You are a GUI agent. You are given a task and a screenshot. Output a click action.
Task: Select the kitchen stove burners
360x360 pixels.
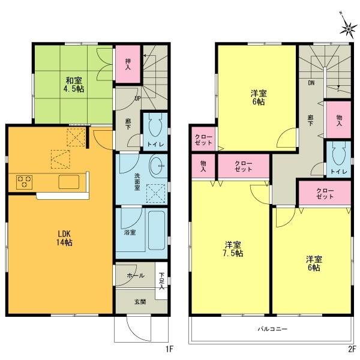(24, 181)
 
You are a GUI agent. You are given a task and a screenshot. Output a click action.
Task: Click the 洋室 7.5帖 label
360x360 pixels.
(233, 249)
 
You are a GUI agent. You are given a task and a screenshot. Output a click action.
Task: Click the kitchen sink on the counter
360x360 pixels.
(68, 182)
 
